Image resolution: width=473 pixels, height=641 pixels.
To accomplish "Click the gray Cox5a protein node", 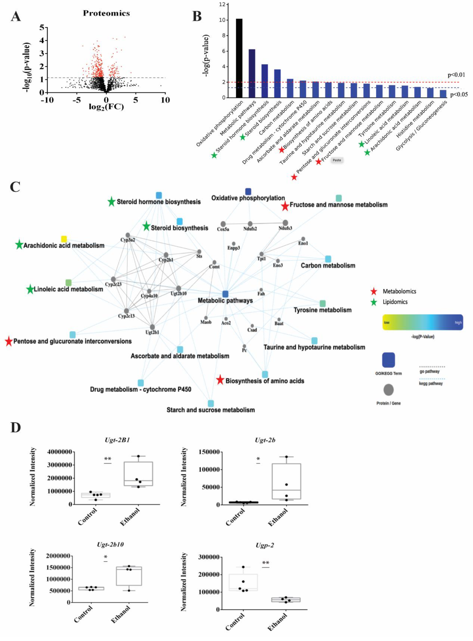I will (x=223, y=224).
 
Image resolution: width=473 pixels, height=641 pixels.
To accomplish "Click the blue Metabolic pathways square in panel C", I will (x=225, y=294).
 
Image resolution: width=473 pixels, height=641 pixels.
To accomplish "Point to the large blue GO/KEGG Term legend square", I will (x=389, y=360).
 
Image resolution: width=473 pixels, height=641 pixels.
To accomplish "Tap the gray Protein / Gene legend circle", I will (x=389, y=390).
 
